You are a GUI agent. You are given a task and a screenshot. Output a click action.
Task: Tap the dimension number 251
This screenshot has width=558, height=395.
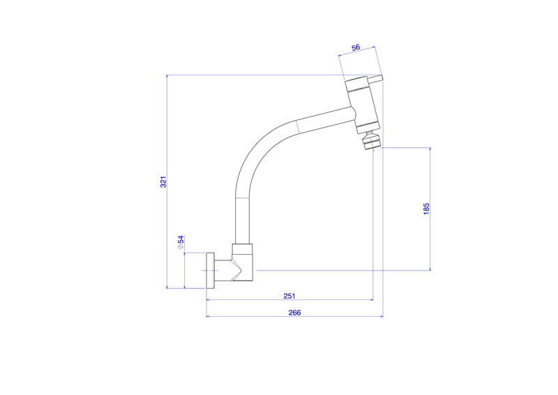click(x=289, y=295)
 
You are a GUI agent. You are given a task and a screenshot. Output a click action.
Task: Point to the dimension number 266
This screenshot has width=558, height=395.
click(x=294, y=312)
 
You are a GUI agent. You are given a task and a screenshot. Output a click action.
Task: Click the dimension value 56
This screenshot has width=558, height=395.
click(x=356, y=48)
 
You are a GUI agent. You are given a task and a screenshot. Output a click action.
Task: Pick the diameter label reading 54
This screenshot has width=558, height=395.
click(x=180, y=242)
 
